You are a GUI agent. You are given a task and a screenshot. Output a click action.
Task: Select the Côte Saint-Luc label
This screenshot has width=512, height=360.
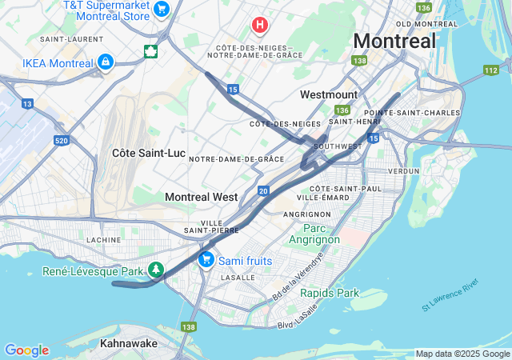tap(148, 152)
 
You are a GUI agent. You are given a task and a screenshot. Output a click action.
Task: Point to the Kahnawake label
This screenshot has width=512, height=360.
tap(128, 343)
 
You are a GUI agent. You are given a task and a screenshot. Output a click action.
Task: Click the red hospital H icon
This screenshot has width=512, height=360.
tap(259, 25)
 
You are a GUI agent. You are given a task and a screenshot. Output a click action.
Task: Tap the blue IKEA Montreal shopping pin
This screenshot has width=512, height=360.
tap(105, 62)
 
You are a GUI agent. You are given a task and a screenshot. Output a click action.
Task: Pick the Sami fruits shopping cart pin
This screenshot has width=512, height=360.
tap(206, 259)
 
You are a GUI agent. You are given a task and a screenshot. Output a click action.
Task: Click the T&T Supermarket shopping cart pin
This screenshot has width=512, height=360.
tap(162, 10)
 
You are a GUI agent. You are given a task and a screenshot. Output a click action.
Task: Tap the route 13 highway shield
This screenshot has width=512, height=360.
tap(27, 104)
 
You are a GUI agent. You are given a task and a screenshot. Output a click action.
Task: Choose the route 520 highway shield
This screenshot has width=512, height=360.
tap(62, 141)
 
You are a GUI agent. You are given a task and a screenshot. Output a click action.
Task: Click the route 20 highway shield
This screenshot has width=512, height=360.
tap(263, 191)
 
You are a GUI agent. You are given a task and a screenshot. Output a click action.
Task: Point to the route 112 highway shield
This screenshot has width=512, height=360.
tap(490, 70)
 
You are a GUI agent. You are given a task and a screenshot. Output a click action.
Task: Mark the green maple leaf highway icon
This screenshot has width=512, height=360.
tap(150, 52)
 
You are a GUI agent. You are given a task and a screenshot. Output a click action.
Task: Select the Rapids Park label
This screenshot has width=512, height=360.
tap(330, 293)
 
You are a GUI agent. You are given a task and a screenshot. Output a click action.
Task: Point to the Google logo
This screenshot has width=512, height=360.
tap(26, 350)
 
